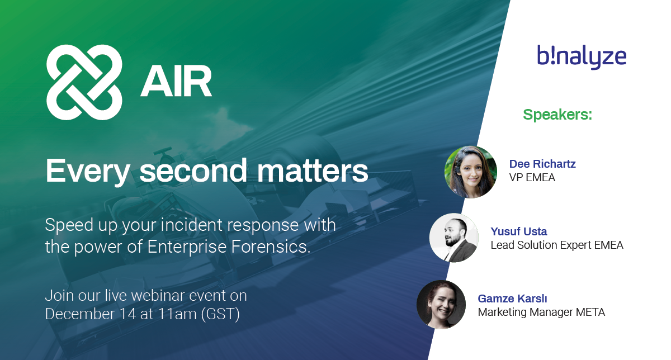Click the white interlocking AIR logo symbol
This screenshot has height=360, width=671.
click(84, 82)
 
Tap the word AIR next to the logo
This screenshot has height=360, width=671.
click(176, 81)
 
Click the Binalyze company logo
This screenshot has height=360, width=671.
click(582, 57)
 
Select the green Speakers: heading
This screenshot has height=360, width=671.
click(557, 115)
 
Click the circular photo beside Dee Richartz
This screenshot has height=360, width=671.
click(471, 172)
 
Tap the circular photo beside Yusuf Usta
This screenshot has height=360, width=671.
click(454, 238)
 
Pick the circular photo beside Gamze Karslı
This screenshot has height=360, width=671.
click(441, 305)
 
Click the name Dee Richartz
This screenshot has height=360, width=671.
click(542, 164)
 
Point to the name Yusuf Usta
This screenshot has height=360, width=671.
click(519, 231)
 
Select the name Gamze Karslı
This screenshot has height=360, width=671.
click(513, 299)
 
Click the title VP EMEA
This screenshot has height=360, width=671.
click(532, 178)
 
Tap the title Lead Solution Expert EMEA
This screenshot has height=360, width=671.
click(557, 245)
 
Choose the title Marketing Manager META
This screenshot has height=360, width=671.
click(541, 312)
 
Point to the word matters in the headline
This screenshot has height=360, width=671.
click(313, 170)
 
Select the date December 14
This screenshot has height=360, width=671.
click(91, 314)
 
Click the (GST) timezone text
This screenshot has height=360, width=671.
click(220, 315)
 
